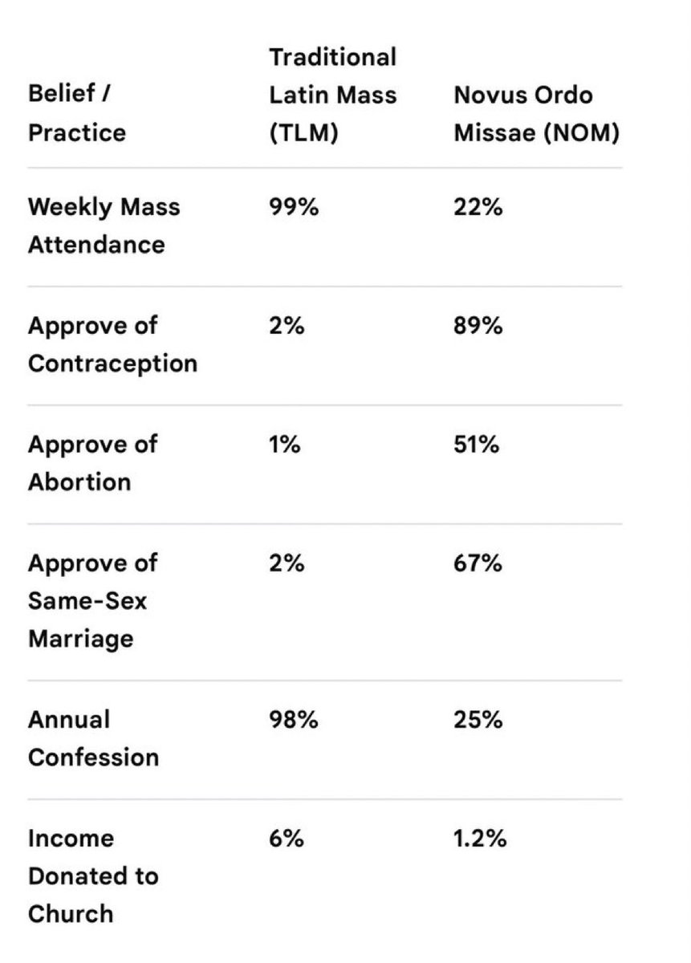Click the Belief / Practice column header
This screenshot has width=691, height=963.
(77, 112)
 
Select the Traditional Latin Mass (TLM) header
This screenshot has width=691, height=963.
(333, 95)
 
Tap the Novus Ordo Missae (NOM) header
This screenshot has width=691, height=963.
(537, 113)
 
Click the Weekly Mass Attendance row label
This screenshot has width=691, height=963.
(104, 226)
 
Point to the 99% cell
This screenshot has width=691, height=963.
(294, 207)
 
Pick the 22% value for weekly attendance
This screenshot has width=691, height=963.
(478, 207)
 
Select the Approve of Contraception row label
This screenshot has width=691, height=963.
(112, 344)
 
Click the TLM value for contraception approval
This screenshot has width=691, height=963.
(287, 326)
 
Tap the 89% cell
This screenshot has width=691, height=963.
(478, 326)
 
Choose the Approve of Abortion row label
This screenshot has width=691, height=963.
(92, 463)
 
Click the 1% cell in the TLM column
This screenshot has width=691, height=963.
(285, 444)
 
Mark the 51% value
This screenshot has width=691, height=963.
(477, 444)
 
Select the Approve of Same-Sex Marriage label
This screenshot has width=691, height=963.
(92, 600)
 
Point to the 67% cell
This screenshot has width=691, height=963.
(478, 563)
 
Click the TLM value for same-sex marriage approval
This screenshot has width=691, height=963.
(287, 563)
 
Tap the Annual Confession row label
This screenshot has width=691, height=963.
(93, 738)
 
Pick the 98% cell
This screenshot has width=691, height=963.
(294, 719)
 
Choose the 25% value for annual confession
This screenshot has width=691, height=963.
(478, 719)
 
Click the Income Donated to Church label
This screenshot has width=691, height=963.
(93, 876)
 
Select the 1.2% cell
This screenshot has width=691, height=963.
(480, 838)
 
